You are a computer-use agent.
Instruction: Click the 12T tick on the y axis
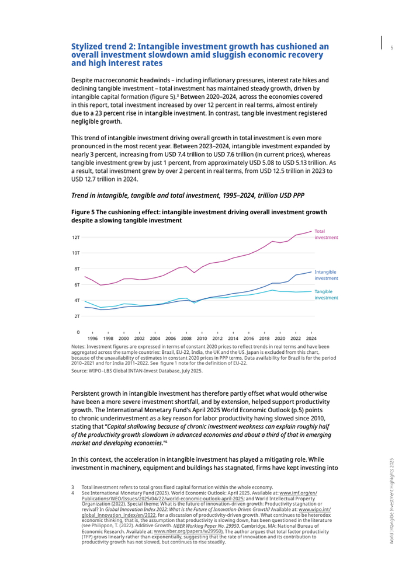[76, 238]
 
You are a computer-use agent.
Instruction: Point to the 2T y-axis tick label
[77, 316]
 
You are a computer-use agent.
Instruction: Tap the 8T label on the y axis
[77, 269]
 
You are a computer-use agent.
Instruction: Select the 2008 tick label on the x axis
[186, 338]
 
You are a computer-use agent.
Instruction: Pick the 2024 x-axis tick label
[311, 338]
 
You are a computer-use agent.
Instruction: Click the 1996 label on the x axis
[92, 338]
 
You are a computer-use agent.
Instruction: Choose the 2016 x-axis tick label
[249, 338]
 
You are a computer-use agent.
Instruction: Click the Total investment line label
[326, 235]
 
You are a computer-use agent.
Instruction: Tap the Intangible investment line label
[326, 275]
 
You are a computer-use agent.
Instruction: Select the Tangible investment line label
[326, 294]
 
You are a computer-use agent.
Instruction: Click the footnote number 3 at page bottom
[72, 487]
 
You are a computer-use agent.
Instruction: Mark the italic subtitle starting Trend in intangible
[188, 194]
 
